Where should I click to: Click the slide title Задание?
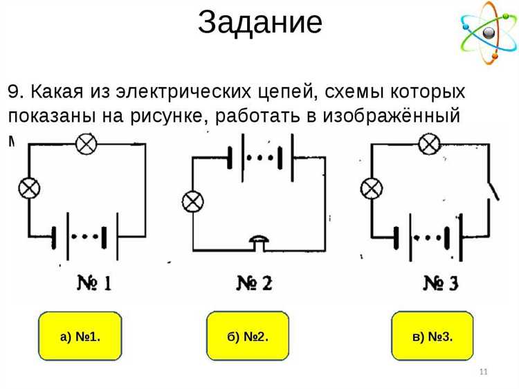pos(259,22)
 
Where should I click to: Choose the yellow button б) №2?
pos(248,336)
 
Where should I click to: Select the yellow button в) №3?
pos(432,336)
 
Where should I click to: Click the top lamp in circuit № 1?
pos(86,144)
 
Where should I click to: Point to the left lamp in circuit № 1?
pos(28,188)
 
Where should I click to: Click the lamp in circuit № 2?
pos(191,202)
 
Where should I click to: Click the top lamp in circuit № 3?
pos(429,144)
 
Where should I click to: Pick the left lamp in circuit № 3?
pos(372,188)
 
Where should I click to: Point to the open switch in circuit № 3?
pos(492,188)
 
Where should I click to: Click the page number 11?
pos(484,373)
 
